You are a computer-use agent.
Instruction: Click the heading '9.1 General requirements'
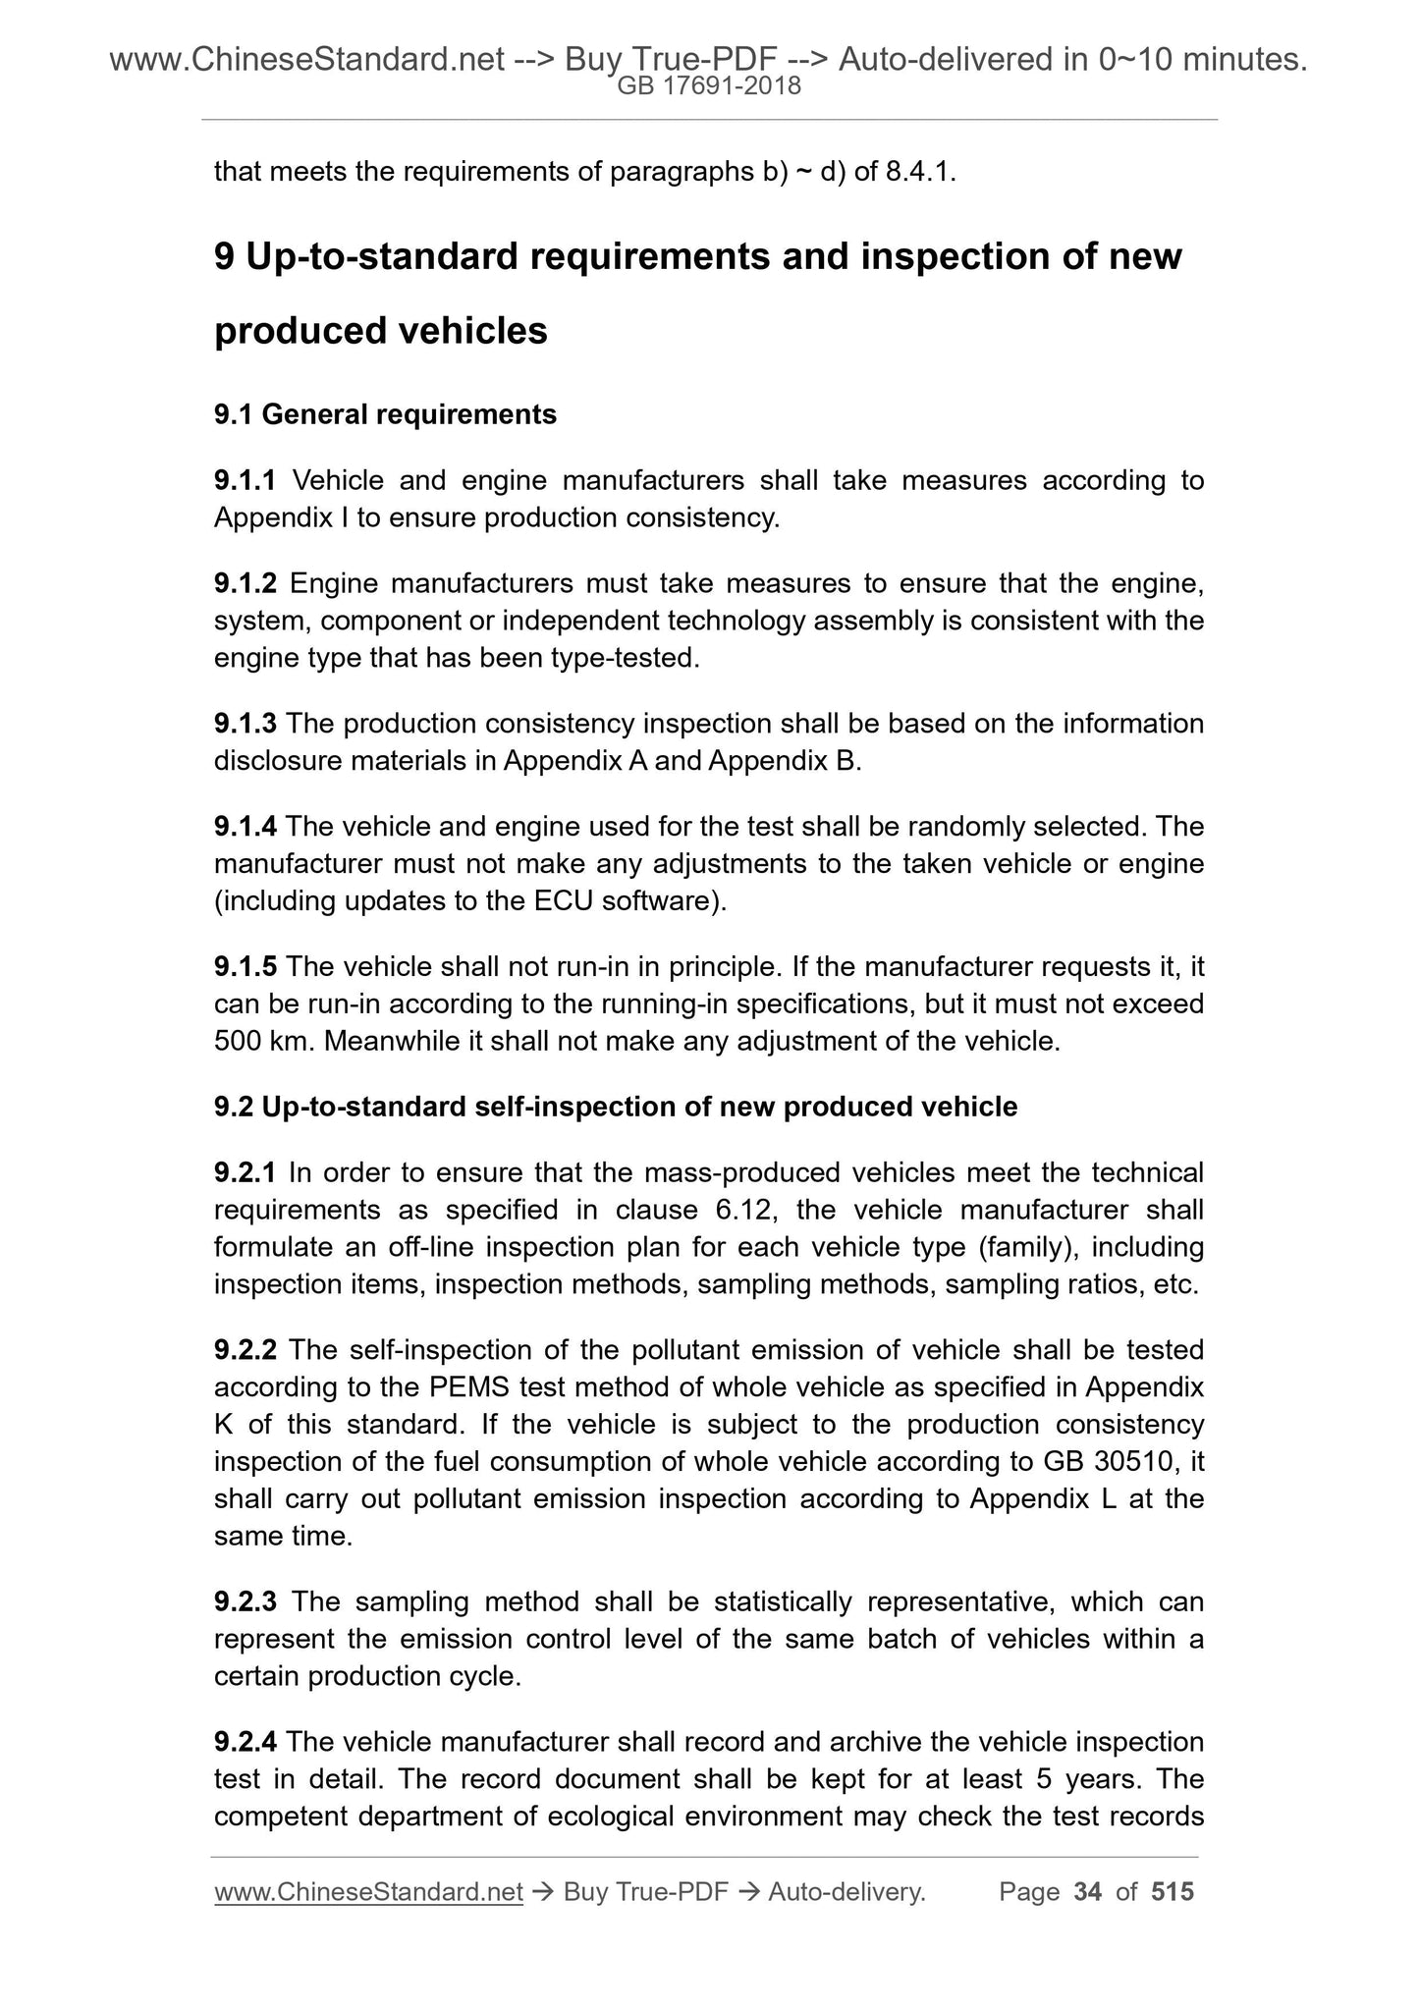pyautogui.click(x=385, y=415)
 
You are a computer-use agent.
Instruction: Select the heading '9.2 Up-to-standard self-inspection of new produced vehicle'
pyautogui.click(x=616, y=1108)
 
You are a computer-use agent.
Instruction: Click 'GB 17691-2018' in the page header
pyautogui.click(x=709, y=86)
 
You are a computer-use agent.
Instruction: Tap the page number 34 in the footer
pyautogui.click(x=1087, y=1892)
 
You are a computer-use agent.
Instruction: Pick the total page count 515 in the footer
pyautogui.click(x=1173, y=1892)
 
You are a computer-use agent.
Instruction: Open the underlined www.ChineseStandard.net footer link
pyautogui.click(x=368, y=1892)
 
